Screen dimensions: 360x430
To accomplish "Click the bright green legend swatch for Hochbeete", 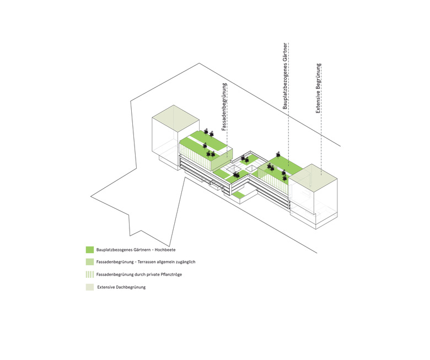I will (x=90, y=250).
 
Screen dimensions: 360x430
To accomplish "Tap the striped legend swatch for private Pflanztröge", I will (x=90, y=275).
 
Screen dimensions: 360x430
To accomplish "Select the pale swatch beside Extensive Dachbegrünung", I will (x=90, y=287).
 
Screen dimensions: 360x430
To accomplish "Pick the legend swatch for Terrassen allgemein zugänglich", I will (x=90, y=262).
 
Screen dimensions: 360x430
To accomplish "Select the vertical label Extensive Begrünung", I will (x=318, y=88).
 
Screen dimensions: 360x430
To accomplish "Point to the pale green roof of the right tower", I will (x=313, y=175).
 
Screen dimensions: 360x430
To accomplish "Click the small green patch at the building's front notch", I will (x=239, y=195).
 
